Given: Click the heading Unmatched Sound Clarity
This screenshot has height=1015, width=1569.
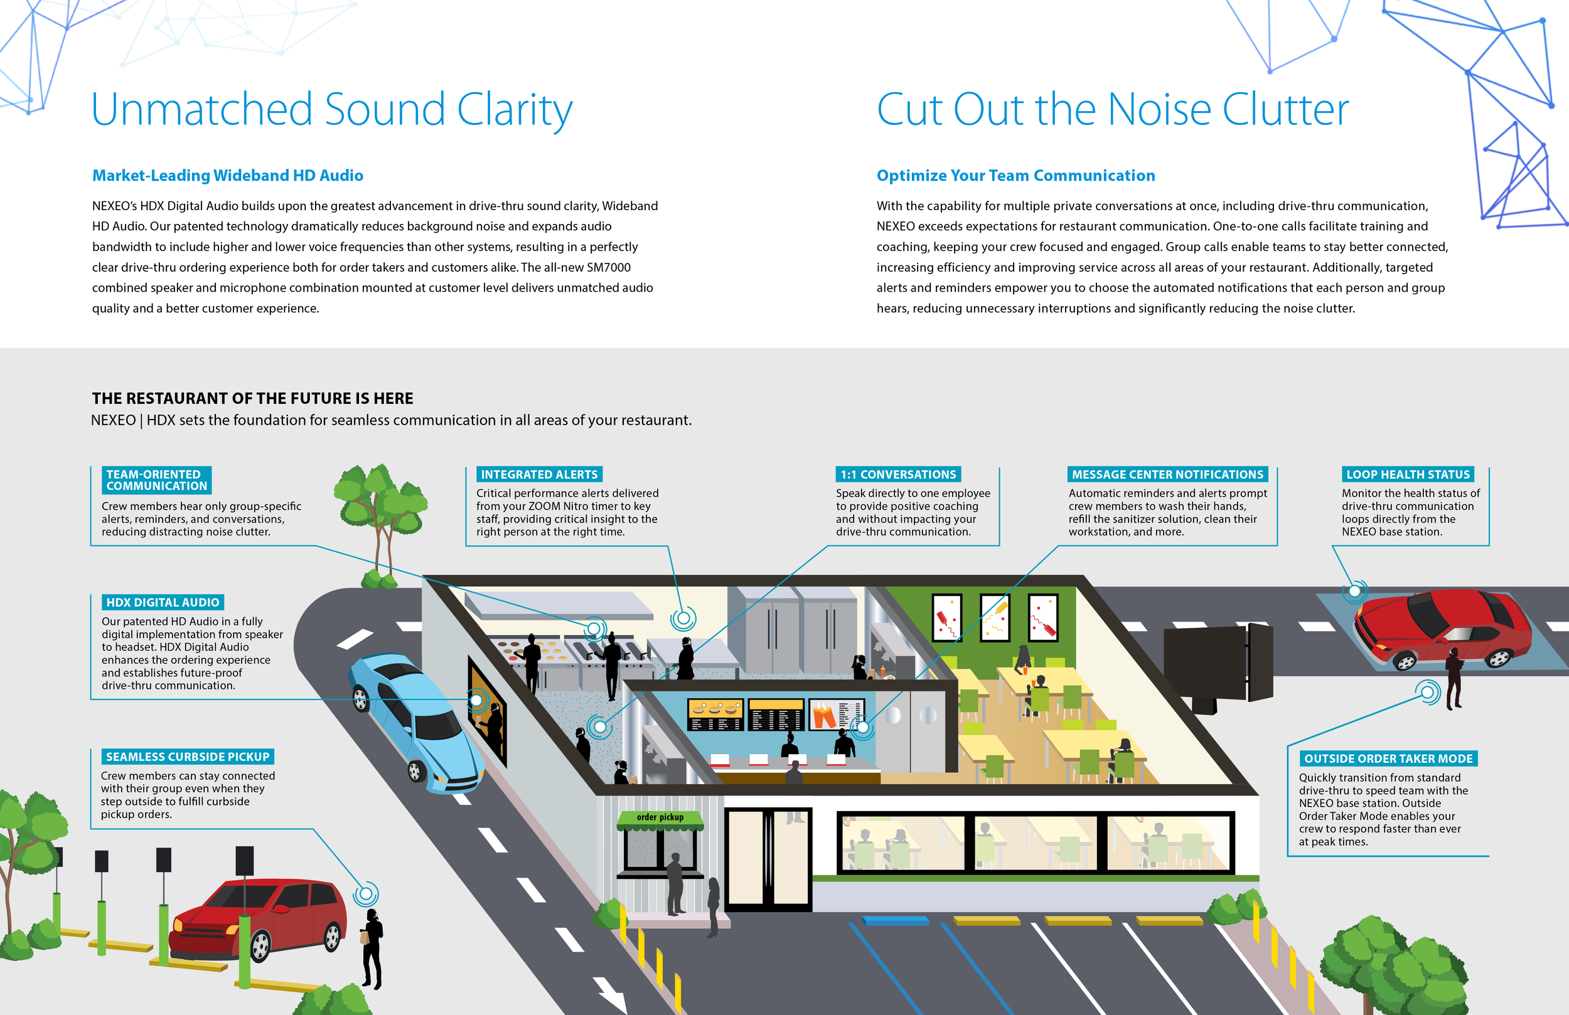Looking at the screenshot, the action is [x=331, y=110].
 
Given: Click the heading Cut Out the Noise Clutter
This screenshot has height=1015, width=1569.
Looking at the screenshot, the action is [x=1113, y=109].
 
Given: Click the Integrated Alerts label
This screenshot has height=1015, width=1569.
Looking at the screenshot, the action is [x=539, y=474].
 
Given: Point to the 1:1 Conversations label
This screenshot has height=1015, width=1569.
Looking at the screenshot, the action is [x=898, y=474].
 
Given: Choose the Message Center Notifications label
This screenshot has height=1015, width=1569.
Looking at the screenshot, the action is [x=1167, y=474].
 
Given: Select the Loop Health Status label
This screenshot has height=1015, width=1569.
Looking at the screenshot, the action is [x=1408, y=474].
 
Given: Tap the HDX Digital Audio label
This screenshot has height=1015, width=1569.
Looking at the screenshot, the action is [x=163, y=602].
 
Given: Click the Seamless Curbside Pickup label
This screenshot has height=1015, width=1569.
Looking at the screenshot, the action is [x=188, y=757].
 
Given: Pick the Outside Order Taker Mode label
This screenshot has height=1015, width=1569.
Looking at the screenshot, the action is [x=1388, y=758].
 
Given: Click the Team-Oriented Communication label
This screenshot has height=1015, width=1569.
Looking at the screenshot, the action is [x=157, y=481].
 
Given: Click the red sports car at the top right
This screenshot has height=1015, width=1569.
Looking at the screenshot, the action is [x=1442, y=629].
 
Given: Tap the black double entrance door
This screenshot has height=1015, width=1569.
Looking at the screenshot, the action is [x=768, y=859].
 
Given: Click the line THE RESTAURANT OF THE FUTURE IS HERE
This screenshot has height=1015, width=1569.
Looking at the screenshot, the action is [x=252, y=399].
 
